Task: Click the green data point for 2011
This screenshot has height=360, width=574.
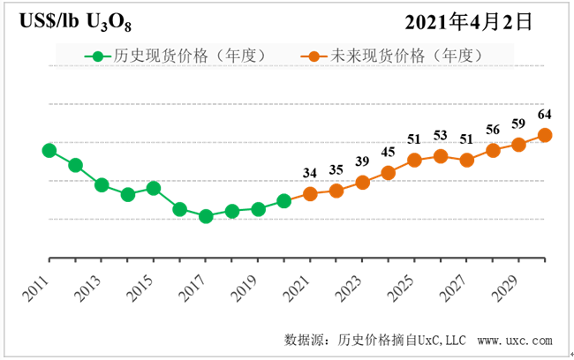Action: point(49,150)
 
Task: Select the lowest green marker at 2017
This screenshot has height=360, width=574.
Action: point(206,216)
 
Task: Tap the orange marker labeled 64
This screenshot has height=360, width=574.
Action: point(546,135)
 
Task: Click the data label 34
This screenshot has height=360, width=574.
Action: point(310,173)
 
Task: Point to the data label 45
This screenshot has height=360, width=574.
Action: point(389,152)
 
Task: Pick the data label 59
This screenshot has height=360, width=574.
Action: point(519,124)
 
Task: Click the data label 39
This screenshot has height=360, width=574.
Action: point(362,161)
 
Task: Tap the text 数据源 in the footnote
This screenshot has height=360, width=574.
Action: point(304,340)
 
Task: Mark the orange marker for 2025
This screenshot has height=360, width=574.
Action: point(414,160)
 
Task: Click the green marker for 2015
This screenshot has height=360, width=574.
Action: point(154,188)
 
